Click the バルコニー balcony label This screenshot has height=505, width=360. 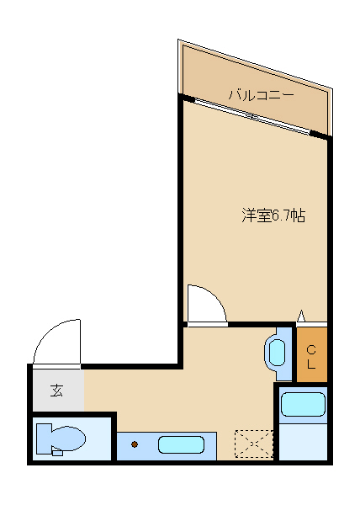point(261,95)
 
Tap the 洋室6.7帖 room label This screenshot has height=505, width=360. point(273,215)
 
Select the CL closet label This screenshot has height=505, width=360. point(311,357)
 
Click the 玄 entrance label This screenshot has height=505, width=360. point(56,391)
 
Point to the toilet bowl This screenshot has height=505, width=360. point(68,439)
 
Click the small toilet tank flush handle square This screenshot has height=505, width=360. point(57,453)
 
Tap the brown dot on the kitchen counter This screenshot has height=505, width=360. point(135,444)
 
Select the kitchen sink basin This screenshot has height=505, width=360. point(181,444)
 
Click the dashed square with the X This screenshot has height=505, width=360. point(254,444)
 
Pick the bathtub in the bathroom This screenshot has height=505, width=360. point(303,405)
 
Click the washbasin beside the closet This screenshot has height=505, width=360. point(277,353)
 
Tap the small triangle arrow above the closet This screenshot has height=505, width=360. point(301,316)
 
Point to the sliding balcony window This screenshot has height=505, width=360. point(252,116)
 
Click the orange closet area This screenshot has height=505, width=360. point(312,354)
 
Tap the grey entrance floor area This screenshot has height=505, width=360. point(58,390)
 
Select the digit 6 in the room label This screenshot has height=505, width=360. point(276,215)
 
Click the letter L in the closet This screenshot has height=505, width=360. point(311,364)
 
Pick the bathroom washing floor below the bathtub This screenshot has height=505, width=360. point(303,441)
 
